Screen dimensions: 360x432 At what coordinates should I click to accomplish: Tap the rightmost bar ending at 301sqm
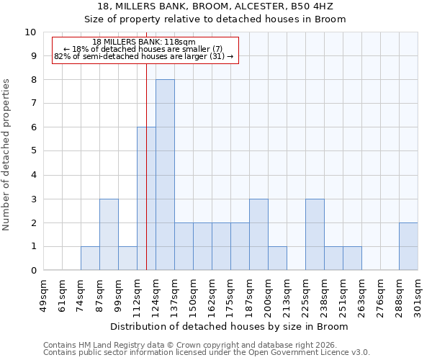point(408,246)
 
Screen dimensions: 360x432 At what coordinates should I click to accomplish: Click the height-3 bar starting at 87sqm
point(109,235)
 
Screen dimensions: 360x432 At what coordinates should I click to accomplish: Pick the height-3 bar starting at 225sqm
point(315,235)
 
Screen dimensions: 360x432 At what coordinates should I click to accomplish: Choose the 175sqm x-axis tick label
point(230,294)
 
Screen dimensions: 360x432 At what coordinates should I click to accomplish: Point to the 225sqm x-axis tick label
point(305,294)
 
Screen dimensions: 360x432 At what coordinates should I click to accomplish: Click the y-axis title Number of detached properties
point(6,155)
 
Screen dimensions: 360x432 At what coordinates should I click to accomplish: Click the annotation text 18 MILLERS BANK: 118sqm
point(144,42)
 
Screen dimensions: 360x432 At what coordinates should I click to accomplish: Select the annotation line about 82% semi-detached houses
point(144,56)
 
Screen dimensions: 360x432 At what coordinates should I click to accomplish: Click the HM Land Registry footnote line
point(194,345)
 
